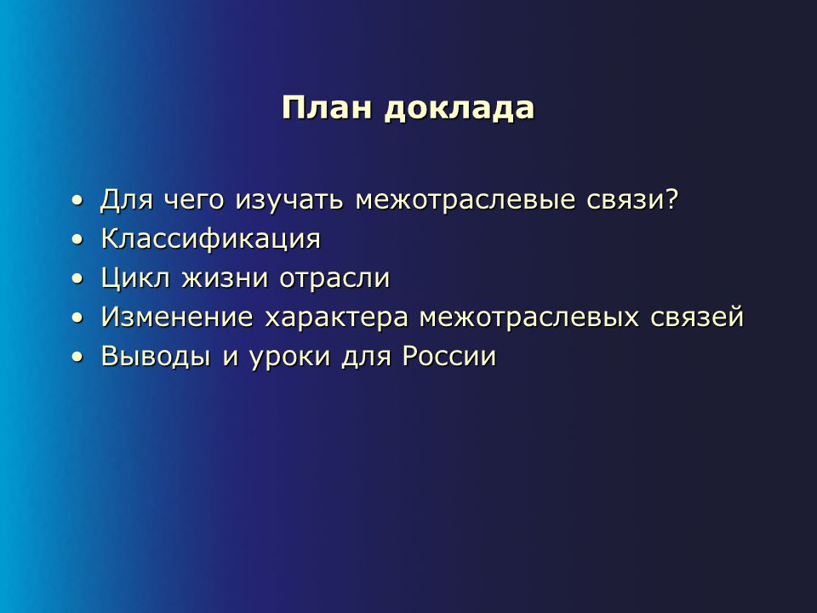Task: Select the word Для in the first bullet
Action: (127, 199)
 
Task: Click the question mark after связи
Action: (672, 198)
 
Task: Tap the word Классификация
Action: (211, 239)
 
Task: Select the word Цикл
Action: (136, 278)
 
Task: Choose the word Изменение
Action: (177, 318)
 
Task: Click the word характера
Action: (336, 318)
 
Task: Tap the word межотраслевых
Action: (528, 318)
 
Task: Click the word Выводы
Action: (156, 357)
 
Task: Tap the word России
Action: (449, 357)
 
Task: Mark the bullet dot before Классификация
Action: (77, 239)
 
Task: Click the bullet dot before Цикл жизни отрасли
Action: (77, 278)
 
